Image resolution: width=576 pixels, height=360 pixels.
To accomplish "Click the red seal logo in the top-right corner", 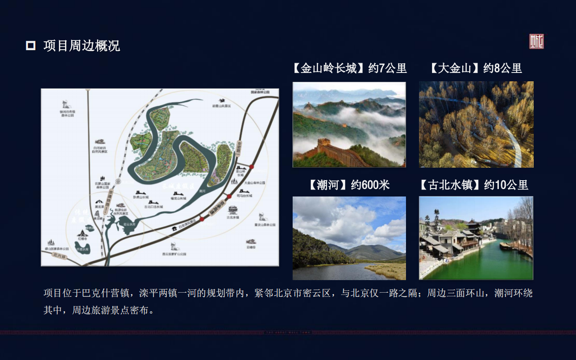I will coord(537,41).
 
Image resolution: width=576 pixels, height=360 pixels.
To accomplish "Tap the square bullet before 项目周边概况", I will coord(31,46).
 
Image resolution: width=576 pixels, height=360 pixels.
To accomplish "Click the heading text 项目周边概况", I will coord(82,46).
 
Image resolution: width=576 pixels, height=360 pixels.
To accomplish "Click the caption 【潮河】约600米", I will coord(349,185).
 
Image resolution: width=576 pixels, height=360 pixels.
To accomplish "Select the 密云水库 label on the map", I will coord(123,223).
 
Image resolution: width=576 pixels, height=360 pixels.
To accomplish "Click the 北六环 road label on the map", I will coord(59,255).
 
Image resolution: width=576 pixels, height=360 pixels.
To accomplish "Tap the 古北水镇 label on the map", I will coord(233,217).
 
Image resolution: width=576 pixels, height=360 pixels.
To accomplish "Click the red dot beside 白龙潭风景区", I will coord(202,219).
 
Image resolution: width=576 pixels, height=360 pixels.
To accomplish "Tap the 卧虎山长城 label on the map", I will coord(139,197).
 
